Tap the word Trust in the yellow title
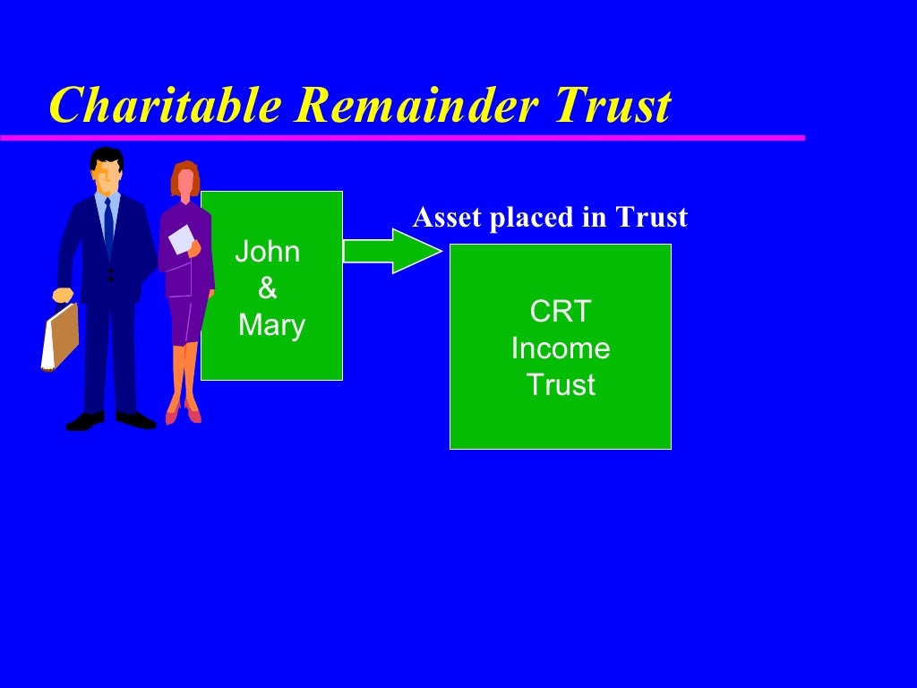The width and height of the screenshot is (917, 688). [x=613, y=107]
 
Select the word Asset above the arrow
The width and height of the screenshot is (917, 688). [x=446, y=218]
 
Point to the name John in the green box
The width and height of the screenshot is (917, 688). [x=267, y=252]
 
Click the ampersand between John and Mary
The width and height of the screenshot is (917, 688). [x=268, y=288]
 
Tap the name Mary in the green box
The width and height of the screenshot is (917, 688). [x=271, y=325]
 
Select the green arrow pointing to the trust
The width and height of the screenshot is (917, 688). [x=392, y=251]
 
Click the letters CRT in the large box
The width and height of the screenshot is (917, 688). [x=561, y=312]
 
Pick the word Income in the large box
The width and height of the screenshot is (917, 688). [x=561, y=348]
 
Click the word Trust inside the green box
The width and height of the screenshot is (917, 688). [x=561, y=385]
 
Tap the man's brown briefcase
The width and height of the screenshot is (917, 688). [x=61, y=336]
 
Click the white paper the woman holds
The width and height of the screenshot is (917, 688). [x=182, y=239]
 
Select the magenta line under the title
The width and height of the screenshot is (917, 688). [x=403, y=138]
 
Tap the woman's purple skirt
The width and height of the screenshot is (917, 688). [x=186, y=318]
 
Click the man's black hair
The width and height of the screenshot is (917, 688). [x=107, y=158]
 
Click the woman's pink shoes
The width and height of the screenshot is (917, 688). [x=183, y=414]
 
